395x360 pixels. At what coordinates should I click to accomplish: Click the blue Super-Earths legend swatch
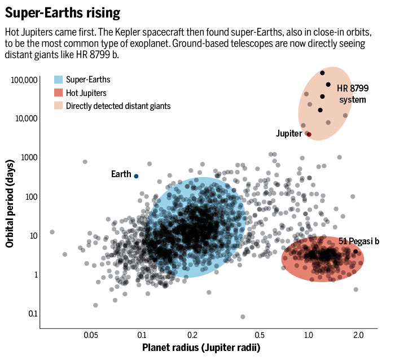pyautogui.click(x=58, y=79)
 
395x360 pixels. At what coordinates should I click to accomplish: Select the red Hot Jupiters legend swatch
pyautogui.click(x=58, y=92)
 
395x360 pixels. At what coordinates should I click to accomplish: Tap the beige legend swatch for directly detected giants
pyautogui.click(x=58, y=106)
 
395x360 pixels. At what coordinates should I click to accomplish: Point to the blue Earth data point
pyautogui.click(x=136, y=176)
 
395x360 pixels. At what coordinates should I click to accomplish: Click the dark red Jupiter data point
pyautogui.click(x=309, y=134)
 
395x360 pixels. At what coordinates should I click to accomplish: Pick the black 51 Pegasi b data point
pyautogui.click(x=355, y=252)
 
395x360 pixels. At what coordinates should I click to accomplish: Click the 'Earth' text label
pyautogui.click(x=121, y=174)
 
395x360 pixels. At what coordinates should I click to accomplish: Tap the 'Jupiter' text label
pyautogui.click(x=289, y=134)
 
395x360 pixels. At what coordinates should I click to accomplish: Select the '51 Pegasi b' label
pyautogui.click(x=358, y=241)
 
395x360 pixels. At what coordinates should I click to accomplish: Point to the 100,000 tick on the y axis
pyautogui.click(x=24, y=80)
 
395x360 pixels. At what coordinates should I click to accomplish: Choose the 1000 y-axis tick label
pyautogui.click(x=29, y=157)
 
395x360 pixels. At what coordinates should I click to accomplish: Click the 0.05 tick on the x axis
pyautogui.click(x=91, y=335)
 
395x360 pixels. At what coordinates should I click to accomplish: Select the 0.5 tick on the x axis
pyautogui.click(x=260, y=335)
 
